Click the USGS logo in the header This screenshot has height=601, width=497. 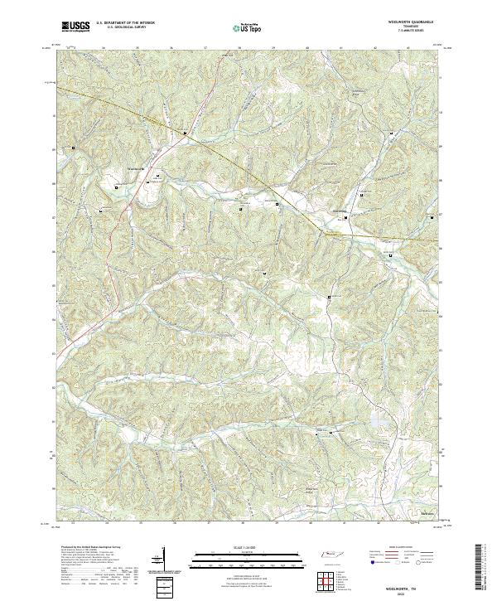pyautogui.click(x=75, y=27)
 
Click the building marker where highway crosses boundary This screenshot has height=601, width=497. pyautogui.click(x=186, y=133)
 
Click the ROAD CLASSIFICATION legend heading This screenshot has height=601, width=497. pyautogui.click(x=403, y=548)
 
